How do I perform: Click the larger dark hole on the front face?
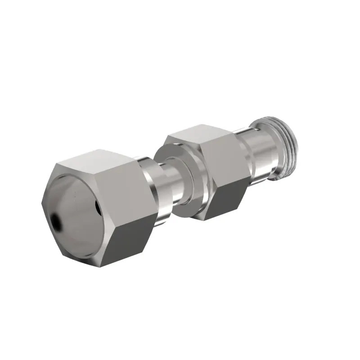pyautogui.click(x=56, y=221)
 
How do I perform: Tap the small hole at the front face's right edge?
pyautogui.click(x=98, y=207)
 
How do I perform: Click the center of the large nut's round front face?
pyautogui.click(x=76, y=211)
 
